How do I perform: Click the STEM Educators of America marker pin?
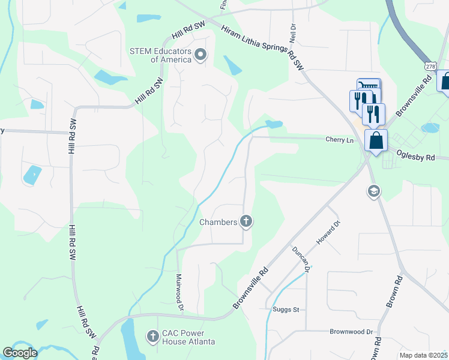point(201,55)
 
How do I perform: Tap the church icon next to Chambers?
point(246,222)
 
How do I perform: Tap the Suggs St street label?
point(286,310)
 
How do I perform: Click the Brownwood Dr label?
point(351,331)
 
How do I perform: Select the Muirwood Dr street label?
point(179,291)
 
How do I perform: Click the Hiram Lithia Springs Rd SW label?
point(264,47)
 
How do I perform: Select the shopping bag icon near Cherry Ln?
point(376,141)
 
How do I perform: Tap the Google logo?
point(20,353)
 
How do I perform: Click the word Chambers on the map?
point(218,223)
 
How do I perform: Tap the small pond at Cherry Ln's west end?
point(274,125)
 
